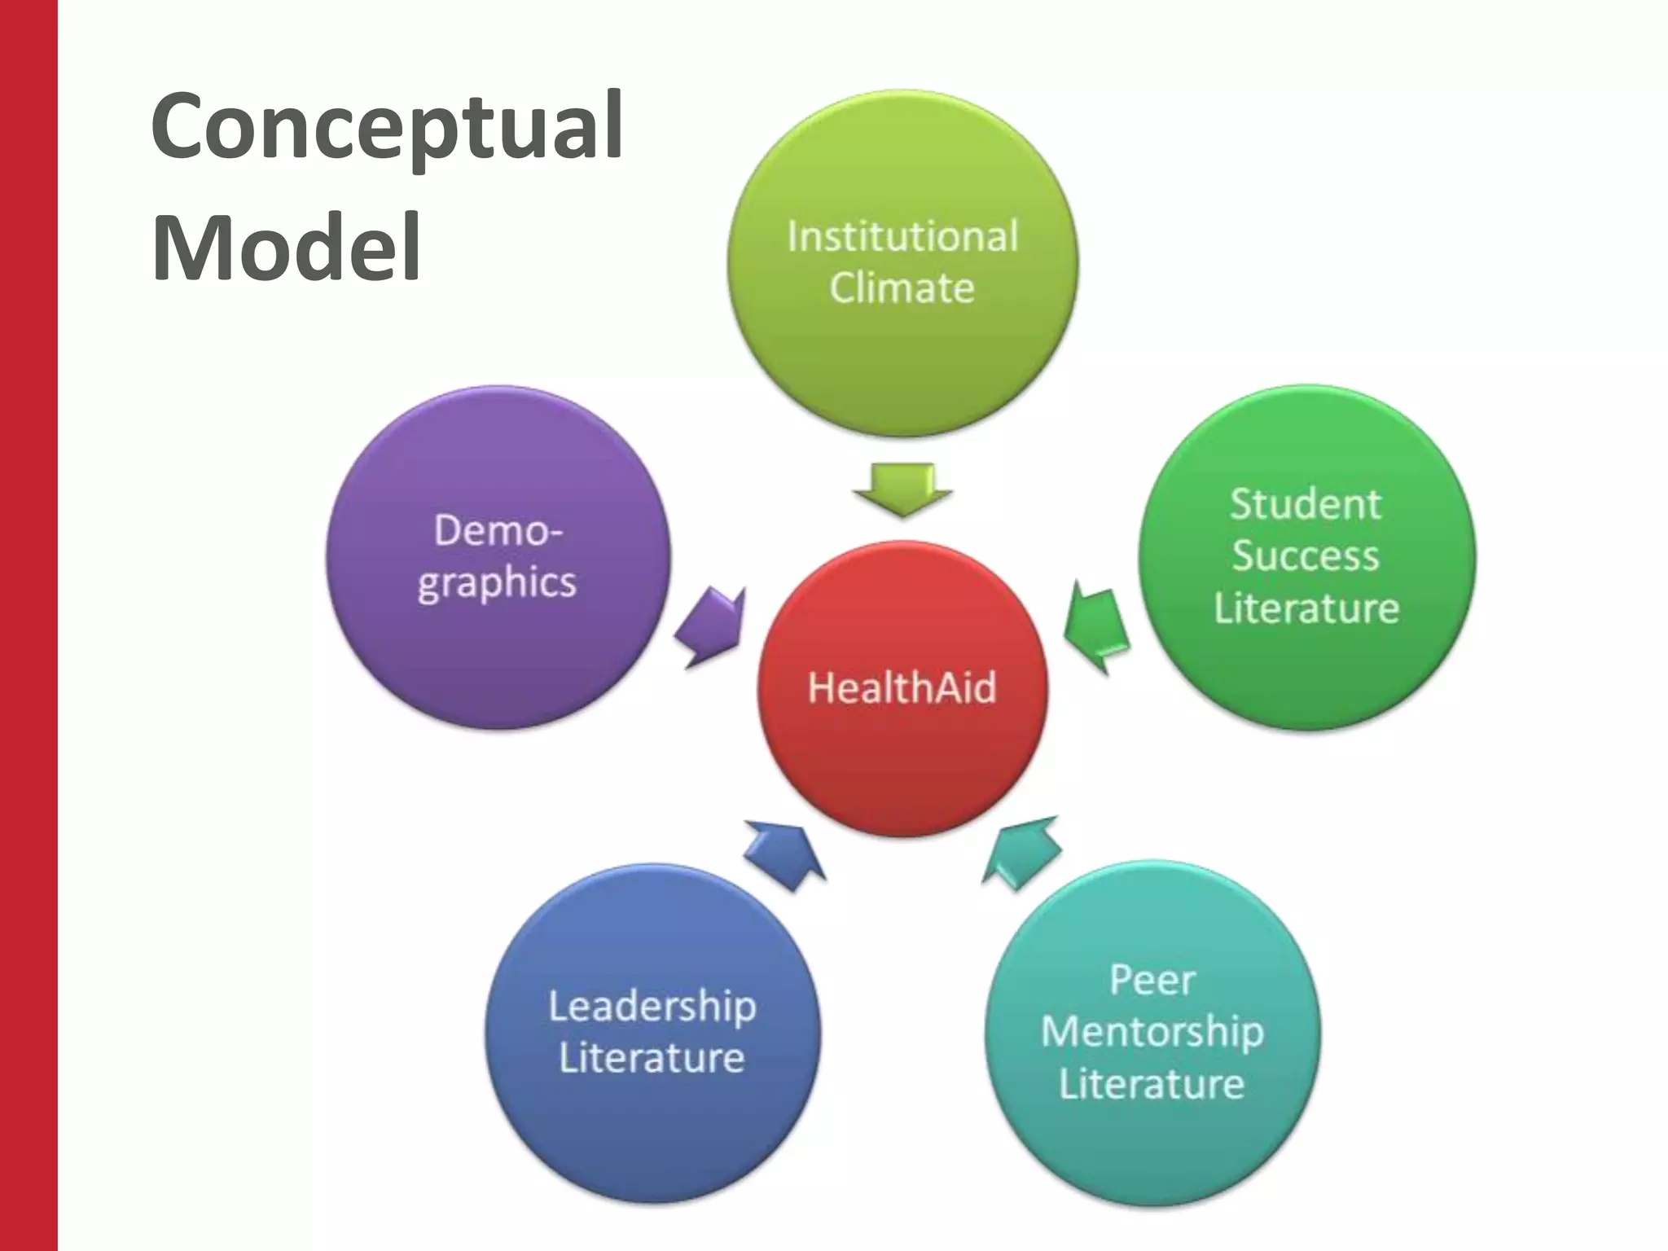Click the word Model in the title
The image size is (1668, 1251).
tap(287, 247)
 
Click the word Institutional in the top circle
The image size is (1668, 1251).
tap(902, 237)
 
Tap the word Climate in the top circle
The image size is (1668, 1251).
tap(902, 288)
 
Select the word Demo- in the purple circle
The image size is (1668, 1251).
tap(498, 531)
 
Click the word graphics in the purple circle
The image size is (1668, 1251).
tap(497, 583)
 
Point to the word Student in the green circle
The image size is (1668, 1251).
tap(1306, 504)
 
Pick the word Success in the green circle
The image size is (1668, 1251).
tap(1306, 556)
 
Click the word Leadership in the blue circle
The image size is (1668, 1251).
tap(652, 1007)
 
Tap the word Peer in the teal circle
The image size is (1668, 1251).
tap(1152, 980)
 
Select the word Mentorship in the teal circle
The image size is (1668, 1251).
tap(1152, 1032)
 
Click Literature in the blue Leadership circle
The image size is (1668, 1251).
tap(652, 1058)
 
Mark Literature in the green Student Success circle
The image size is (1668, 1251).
tap(1306, 608)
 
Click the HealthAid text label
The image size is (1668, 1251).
tap(902, 687)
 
